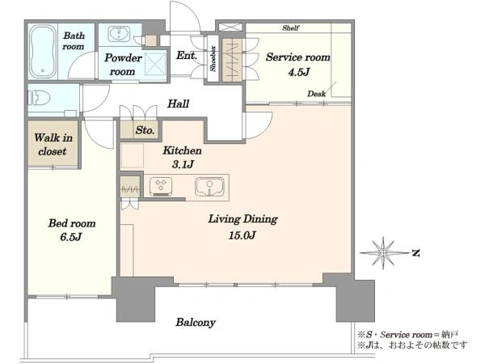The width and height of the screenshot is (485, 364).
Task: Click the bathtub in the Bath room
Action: point(43,51)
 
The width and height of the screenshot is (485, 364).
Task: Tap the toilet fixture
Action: point(40,98)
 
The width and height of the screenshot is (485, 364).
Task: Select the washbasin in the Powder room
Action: point(119,34)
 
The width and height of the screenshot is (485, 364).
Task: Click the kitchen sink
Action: point(209,186)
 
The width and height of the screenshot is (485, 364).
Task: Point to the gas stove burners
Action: point(161,186)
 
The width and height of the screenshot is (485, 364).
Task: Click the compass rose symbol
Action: point(384,253)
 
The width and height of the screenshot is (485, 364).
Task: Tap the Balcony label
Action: point(196,322)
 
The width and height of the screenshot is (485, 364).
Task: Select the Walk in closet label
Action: point(53,144)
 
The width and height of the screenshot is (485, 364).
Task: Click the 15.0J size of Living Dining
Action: point(242,235)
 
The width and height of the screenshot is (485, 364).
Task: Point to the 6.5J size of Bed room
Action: point(71,237)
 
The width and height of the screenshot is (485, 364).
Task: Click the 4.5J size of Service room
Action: point(298,72)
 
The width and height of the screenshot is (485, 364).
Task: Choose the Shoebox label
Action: point(213,58)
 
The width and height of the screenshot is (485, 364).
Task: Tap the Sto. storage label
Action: point(145,130)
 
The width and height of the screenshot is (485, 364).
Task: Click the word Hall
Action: point(178,104)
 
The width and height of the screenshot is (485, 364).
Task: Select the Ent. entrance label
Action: point(187,55)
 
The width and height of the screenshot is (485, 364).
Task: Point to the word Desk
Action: point(316,94)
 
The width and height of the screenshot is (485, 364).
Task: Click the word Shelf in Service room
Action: point(290,28)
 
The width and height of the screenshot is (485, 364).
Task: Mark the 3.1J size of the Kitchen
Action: point(183,164)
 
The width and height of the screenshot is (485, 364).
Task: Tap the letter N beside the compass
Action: point(416,253)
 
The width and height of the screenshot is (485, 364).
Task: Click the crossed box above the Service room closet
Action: point(230,27)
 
